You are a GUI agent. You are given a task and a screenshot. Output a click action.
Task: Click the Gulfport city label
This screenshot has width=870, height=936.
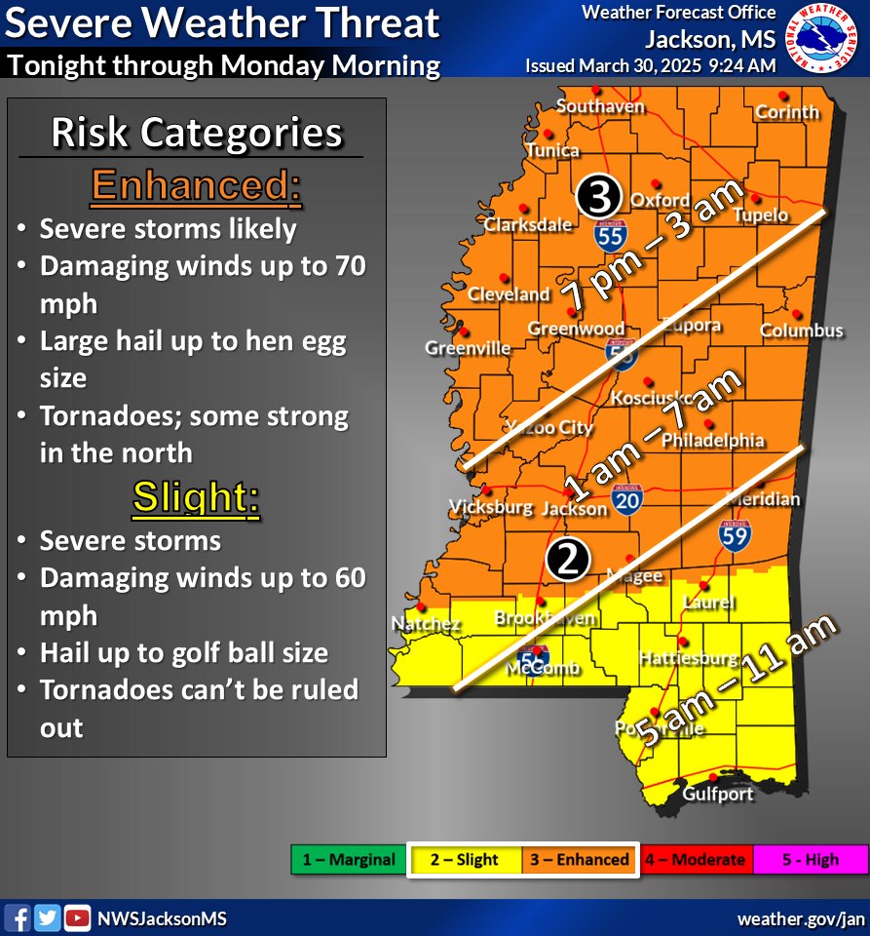718,794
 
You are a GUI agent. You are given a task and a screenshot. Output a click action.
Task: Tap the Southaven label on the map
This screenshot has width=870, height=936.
600,105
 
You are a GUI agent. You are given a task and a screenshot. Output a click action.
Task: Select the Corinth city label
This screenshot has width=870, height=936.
787,111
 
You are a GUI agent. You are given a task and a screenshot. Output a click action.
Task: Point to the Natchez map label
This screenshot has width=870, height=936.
426,623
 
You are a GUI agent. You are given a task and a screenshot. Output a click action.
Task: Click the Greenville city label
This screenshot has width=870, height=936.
468,347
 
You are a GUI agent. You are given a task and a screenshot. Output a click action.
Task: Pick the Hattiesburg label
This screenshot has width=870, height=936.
688,659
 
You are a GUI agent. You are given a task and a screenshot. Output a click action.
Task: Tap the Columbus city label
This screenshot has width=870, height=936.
801,331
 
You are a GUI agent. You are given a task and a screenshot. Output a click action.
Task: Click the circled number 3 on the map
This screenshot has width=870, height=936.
597,197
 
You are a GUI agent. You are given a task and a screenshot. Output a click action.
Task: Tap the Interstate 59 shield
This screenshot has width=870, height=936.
734,532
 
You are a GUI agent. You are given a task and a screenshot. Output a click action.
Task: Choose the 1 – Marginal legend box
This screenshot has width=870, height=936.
348,860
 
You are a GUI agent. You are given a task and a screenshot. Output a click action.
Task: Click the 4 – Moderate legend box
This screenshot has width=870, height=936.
696,860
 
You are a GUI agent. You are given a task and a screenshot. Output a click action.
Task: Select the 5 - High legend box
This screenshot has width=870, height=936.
810,860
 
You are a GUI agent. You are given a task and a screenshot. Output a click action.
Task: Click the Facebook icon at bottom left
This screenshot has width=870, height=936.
19,917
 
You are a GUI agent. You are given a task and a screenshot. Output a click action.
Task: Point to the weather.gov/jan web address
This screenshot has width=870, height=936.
800,918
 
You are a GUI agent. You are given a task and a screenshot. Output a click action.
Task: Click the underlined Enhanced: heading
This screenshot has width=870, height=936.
196,186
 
